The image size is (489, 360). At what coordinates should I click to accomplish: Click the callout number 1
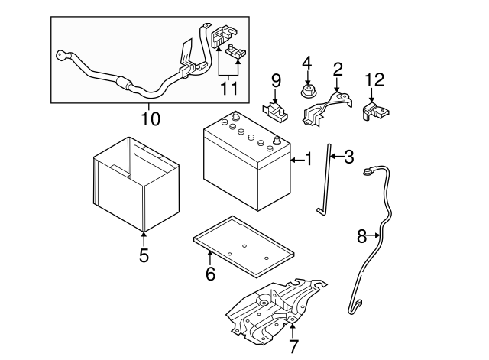(x=309, y=160)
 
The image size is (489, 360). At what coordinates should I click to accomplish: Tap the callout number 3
(x=349, y=157)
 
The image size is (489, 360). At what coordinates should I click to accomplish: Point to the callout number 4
(x=308, y=62)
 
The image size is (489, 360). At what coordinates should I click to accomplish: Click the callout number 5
(x=144, y=255)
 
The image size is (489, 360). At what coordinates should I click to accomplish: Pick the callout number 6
(x=210, y=272)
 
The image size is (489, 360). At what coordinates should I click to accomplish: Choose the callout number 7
(x=293, y=347)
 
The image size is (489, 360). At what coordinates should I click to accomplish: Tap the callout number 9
(x=276, y=80)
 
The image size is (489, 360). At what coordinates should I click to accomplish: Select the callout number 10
(x=151, y=118)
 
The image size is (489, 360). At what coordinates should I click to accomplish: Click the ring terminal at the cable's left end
(x=60, y=56)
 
